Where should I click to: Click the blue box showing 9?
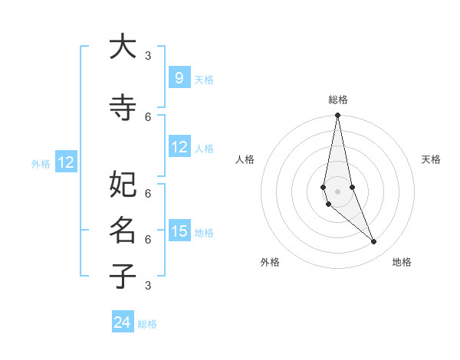point(179,78)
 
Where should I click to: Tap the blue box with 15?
point(179,231)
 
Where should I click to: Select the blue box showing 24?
point(123,322)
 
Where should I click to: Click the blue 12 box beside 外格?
point(66,162)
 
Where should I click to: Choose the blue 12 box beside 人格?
point(179,147)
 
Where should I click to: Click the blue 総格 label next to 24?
point(147,324)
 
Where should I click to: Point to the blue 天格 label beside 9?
point(204,79)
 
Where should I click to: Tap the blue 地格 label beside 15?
point(204,232)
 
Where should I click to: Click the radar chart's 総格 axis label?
point(337,100)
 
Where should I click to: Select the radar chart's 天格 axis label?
point(431,159)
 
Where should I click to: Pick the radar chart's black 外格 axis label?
point(269,262)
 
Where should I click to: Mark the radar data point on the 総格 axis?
point(337,116)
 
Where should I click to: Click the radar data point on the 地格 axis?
point(374,242)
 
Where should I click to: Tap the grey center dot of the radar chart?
point(337,191)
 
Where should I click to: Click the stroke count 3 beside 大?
point(148,55)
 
